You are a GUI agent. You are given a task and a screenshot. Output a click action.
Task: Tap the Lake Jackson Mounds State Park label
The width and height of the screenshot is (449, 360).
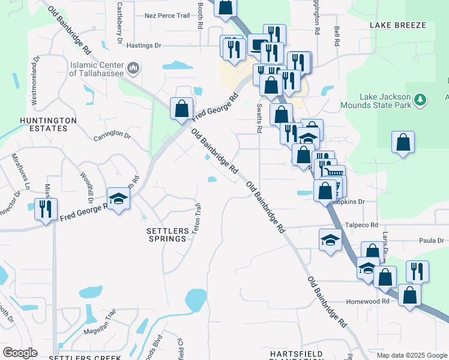tap(385, 101)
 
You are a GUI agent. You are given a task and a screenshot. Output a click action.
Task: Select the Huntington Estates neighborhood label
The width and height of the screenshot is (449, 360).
tap(48, 124)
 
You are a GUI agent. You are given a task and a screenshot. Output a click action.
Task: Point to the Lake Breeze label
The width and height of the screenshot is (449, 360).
tap(397, 25)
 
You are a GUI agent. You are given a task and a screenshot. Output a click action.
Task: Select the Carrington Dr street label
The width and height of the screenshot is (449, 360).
tap(112, 135)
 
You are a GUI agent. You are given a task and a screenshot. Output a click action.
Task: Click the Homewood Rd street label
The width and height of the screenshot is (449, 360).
tap(368, 302)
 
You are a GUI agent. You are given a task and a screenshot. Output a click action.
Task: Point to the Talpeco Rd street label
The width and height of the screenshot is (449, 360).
tap(361, 225)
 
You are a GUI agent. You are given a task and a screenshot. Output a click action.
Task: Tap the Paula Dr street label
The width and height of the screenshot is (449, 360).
tap(431, 240)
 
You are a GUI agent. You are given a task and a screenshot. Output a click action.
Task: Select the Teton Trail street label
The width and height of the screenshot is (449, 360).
tap(196, 219)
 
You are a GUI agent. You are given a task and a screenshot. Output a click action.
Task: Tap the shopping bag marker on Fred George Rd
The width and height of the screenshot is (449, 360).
tap(181, 109)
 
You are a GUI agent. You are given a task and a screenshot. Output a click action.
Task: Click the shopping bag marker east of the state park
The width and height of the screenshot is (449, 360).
tap(403, 143)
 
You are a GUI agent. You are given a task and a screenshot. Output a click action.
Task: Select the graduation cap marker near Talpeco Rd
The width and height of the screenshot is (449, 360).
tap(329, 240)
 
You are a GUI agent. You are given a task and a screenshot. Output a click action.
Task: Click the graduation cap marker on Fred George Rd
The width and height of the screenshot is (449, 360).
tap(119, 199)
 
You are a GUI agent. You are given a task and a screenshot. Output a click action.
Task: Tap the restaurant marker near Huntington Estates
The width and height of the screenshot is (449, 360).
tap(46, 209)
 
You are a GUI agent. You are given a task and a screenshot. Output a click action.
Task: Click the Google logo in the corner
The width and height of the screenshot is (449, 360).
tap(20, 353)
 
